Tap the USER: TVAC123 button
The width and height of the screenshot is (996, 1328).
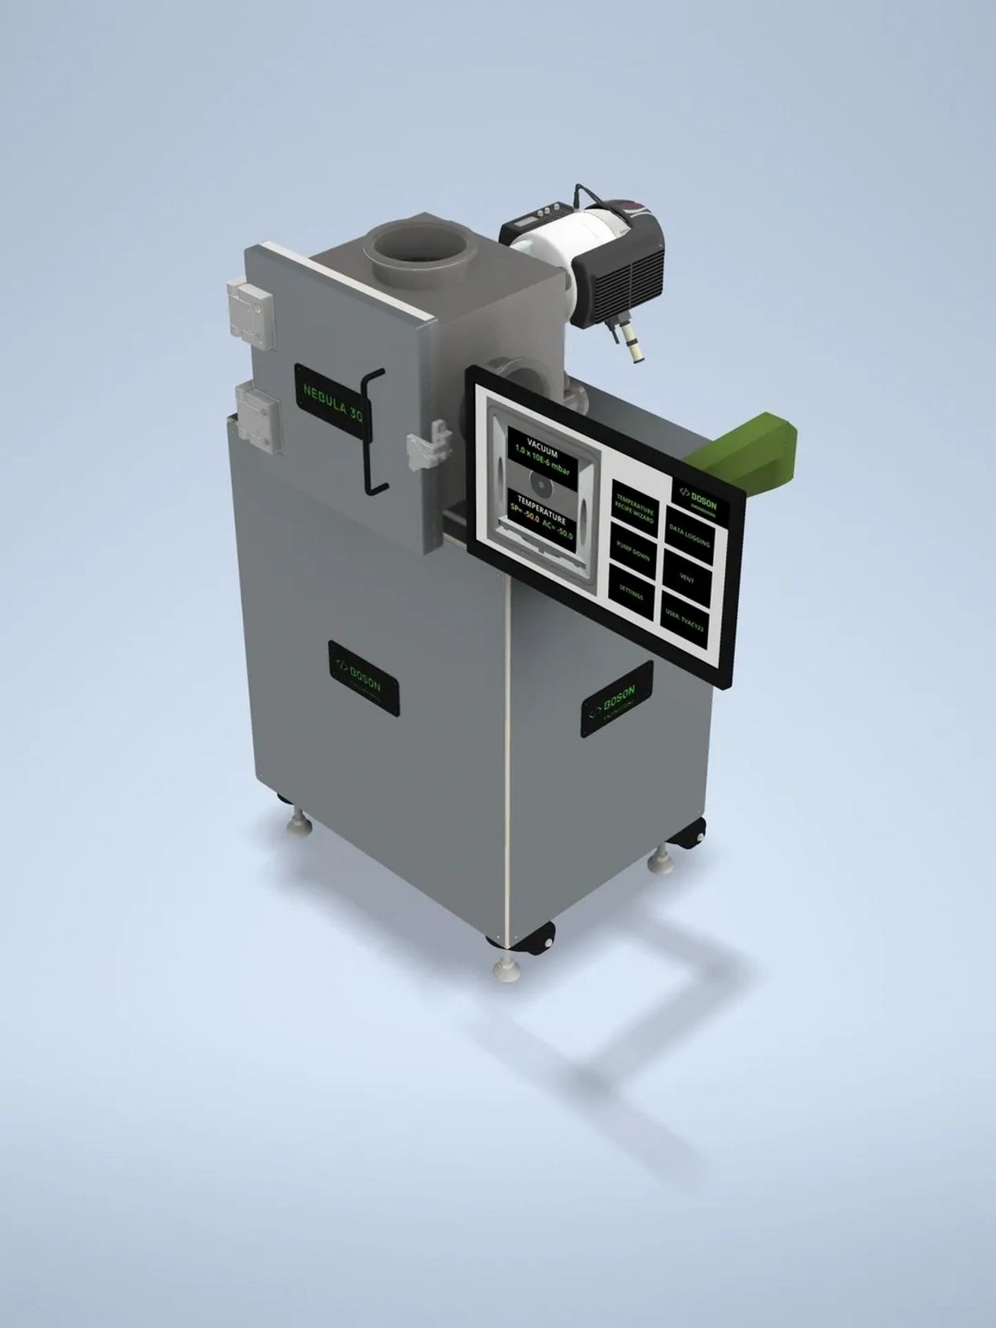pyautogui.click(x=684, y=615)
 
